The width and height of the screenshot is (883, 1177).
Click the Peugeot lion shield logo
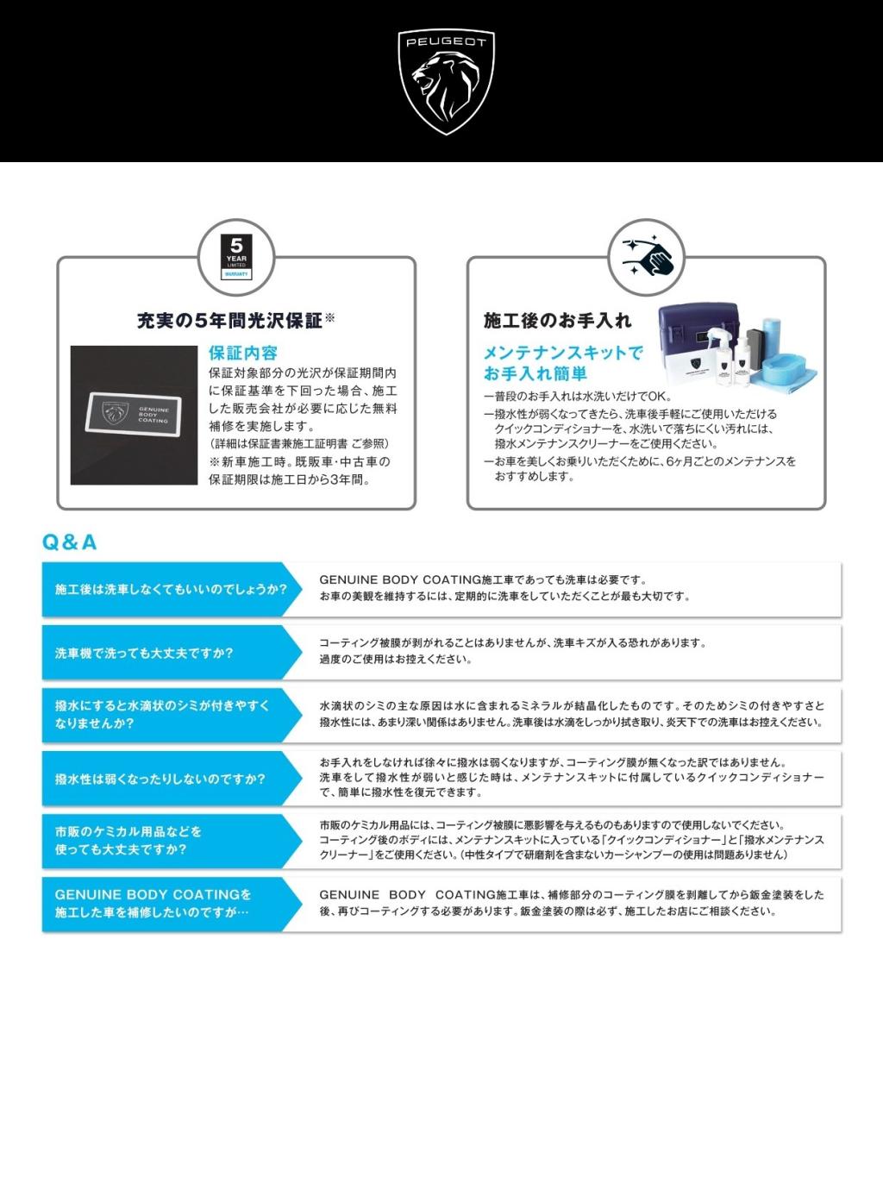click(x=446, y=82)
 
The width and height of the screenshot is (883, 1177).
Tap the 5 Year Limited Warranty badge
click(x=236, y=257)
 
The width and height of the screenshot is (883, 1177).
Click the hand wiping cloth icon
click(x=647, y=257)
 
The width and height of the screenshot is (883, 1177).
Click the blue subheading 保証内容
click(x=243, y=354)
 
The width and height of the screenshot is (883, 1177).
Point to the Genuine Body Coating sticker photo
click(x=134, y=415)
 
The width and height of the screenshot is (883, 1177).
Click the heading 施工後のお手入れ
click(x=558, y=320)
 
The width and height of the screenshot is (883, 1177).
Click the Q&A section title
click(x=69, y=542)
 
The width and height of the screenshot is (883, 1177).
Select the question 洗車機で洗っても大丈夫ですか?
click(x=144, y=653)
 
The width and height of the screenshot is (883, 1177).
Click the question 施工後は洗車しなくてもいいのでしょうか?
click(x=171, y=589)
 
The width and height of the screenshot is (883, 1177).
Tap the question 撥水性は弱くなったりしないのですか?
click(x=160, y=779)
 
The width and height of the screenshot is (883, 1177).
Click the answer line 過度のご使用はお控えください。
click(x=396, y=659)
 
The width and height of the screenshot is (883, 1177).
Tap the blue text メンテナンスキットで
click(x=563, y=353)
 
